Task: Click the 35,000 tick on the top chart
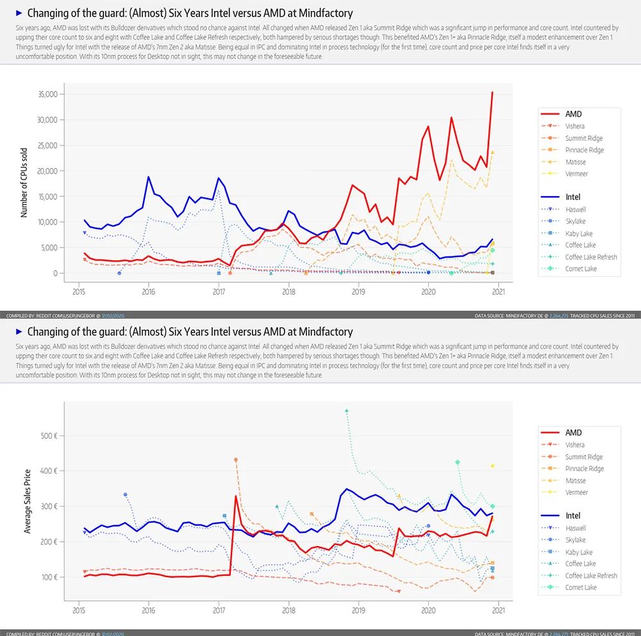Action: pos(47,94)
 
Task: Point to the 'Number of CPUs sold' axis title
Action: pos(24,183)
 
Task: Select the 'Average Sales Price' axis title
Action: pos(27,502)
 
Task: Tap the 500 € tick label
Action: pos(49,436)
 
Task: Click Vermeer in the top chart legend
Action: pos(576,174)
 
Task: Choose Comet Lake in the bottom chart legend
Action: pos(581,587)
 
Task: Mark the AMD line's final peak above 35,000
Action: pos(492,92)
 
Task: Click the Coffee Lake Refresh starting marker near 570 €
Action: pos(347,411)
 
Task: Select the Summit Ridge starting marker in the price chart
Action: pos(236,460)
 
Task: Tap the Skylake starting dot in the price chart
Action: pos(126,494)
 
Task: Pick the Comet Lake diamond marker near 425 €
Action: pos(458,462)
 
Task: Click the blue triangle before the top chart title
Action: pos(19,13)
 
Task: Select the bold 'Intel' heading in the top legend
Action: pos(572,197)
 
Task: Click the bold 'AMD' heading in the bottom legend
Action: pos(573,433)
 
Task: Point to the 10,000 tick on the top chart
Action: pos(47,222)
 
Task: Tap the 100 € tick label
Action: pos(49,577)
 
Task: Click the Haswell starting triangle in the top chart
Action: pos(85,233)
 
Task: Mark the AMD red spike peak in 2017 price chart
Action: pos(236,496)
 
